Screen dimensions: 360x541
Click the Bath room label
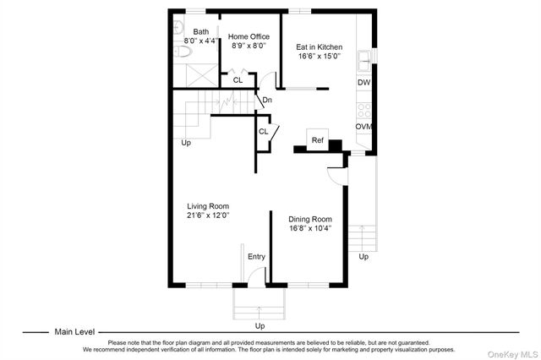point(200,32)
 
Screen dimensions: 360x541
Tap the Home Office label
point(249,36)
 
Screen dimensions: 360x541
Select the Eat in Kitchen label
point(320,48)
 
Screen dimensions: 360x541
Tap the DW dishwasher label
point(363,83)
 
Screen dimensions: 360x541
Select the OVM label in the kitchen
point(363,127)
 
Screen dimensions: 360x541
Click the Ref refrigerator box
point(318,140)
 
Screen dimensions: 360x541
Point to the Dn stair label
point(266,101)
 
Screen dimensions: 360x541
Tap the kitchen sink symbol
point(364,58)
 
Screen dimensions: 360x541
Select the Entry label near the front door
point(256,257)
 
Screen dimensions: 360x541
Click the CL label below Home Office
point(238,81)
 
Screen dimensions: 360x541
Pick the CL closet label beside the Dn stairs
point(263,131)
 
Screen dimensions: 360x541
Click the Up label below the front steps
point(260,325)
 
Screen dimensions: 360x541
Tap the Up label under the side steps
point(363,257)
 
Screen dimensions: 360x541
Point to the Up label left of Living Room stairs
point(186,143)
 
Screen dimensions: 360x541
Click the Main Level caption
point(74,332)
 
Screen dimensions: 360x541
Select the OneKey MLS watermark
point(508,352)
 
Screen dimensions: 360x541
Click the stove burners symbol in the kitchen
point(364,109)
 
